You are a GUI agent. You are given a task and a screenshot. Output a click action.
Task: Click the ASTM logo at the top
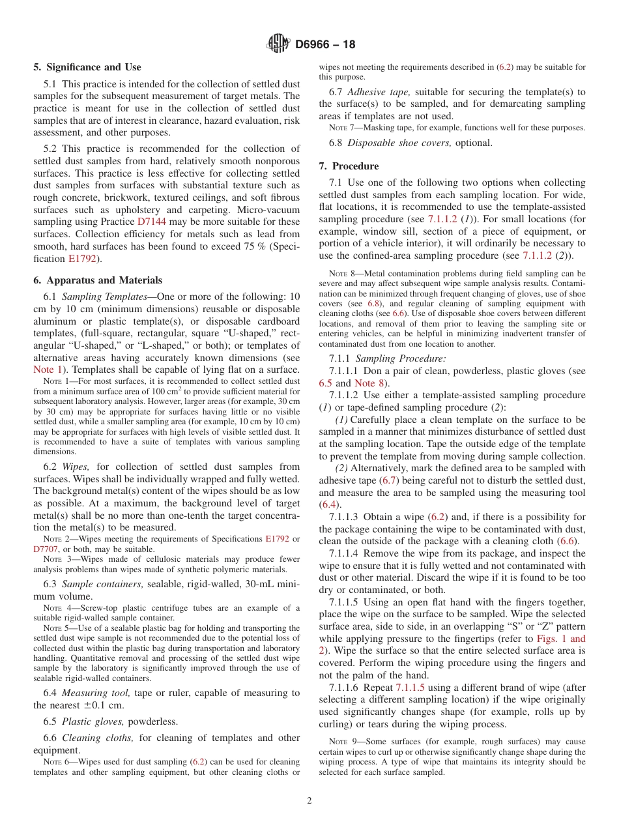(278, 45)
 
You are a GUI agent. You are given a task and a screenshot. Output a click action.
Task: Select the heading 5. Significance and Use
(87, 67)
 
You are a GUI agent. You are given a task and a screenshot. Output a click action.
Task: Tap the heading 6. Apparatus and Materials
(98, 280)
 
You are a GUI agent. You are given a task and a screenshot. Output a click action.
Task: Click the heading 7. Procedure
(349, 166)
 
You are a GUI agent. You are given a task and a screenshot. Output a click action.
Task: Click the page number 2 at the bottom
(309, 801)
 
